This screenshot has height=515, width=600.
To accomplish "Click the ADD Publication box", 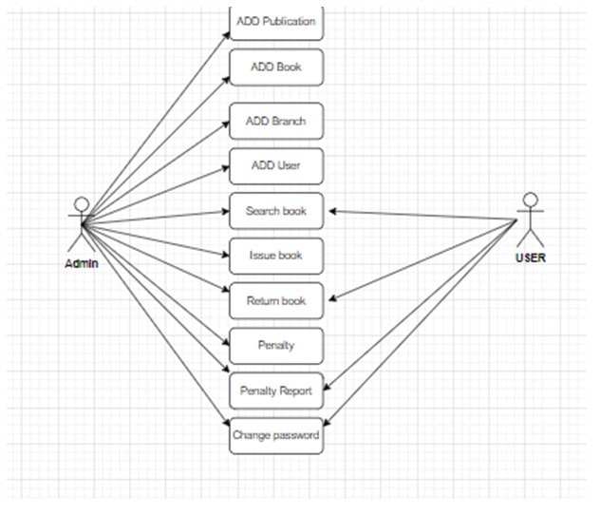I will point(276,22).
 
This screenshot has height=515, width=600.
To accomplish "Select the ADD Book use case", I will point(276,67).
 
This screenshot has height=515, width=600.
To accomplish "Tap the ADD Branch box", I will point(276,122).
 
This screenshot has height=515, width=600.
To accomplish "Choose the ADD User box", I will point(276,165).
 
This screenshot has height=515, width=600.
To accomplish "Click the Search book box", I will point(276,211).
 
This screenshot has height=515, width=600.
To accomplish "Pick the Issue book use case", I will point(276,256).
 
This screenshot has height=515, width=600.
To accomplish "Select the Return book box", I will point(276,300).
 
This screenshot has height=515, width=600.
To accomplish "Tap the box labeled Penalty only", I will point(276,345).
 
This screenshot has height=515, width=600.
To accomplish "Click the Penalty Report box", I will point(276,391).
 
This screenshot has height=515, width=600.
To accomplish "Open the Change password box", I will point(276,436).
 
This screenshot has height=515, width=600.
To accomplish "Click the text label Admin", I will point(82,263).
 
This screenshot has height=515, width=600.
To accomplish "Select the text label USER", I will point(530,257).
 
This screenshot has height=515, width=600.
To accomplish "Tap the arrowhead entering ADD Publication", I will point(226,34).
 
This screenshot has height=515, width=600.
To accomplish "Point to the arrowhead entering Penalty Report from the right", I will point(328,389).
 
